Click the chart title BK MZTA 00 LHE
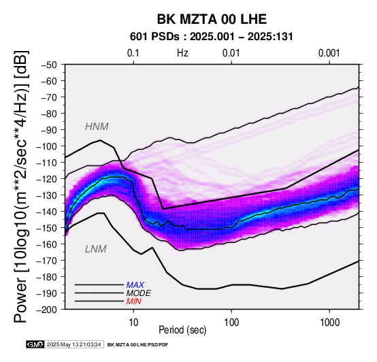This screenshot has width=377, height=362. (212, 19)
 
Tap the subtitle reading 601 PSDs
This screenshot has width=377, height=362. (154, 37)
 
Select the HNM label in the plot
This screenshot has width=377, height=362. (97, 127)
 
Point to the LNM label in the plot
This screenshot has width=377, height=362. (96, 249)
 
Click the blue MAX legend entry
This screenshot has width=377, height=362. (135, 285)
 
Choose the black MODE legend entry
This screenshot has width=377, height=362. (139, 293)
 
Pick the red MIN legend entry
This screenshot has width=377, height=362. (133, 301)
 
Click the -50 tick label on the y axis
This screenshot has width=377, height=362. (48, 65)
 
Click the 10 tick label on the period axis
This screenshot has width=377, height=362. (133, 323)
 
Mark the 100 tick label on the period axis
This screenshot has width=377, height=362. (231, 323)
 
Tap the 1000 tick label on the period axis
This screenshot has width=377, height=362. (329, 323)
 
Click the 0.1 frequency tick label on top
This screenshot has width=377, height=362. (133, 53)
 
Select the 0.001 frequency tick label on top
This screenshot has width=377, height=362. (329, 53)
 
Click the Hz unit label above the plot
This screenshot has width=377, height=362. (182, 53)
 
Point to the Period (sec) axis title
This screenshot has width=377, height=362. (182, 330)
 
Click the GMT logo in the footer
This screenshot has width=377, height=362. (35, 344)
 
